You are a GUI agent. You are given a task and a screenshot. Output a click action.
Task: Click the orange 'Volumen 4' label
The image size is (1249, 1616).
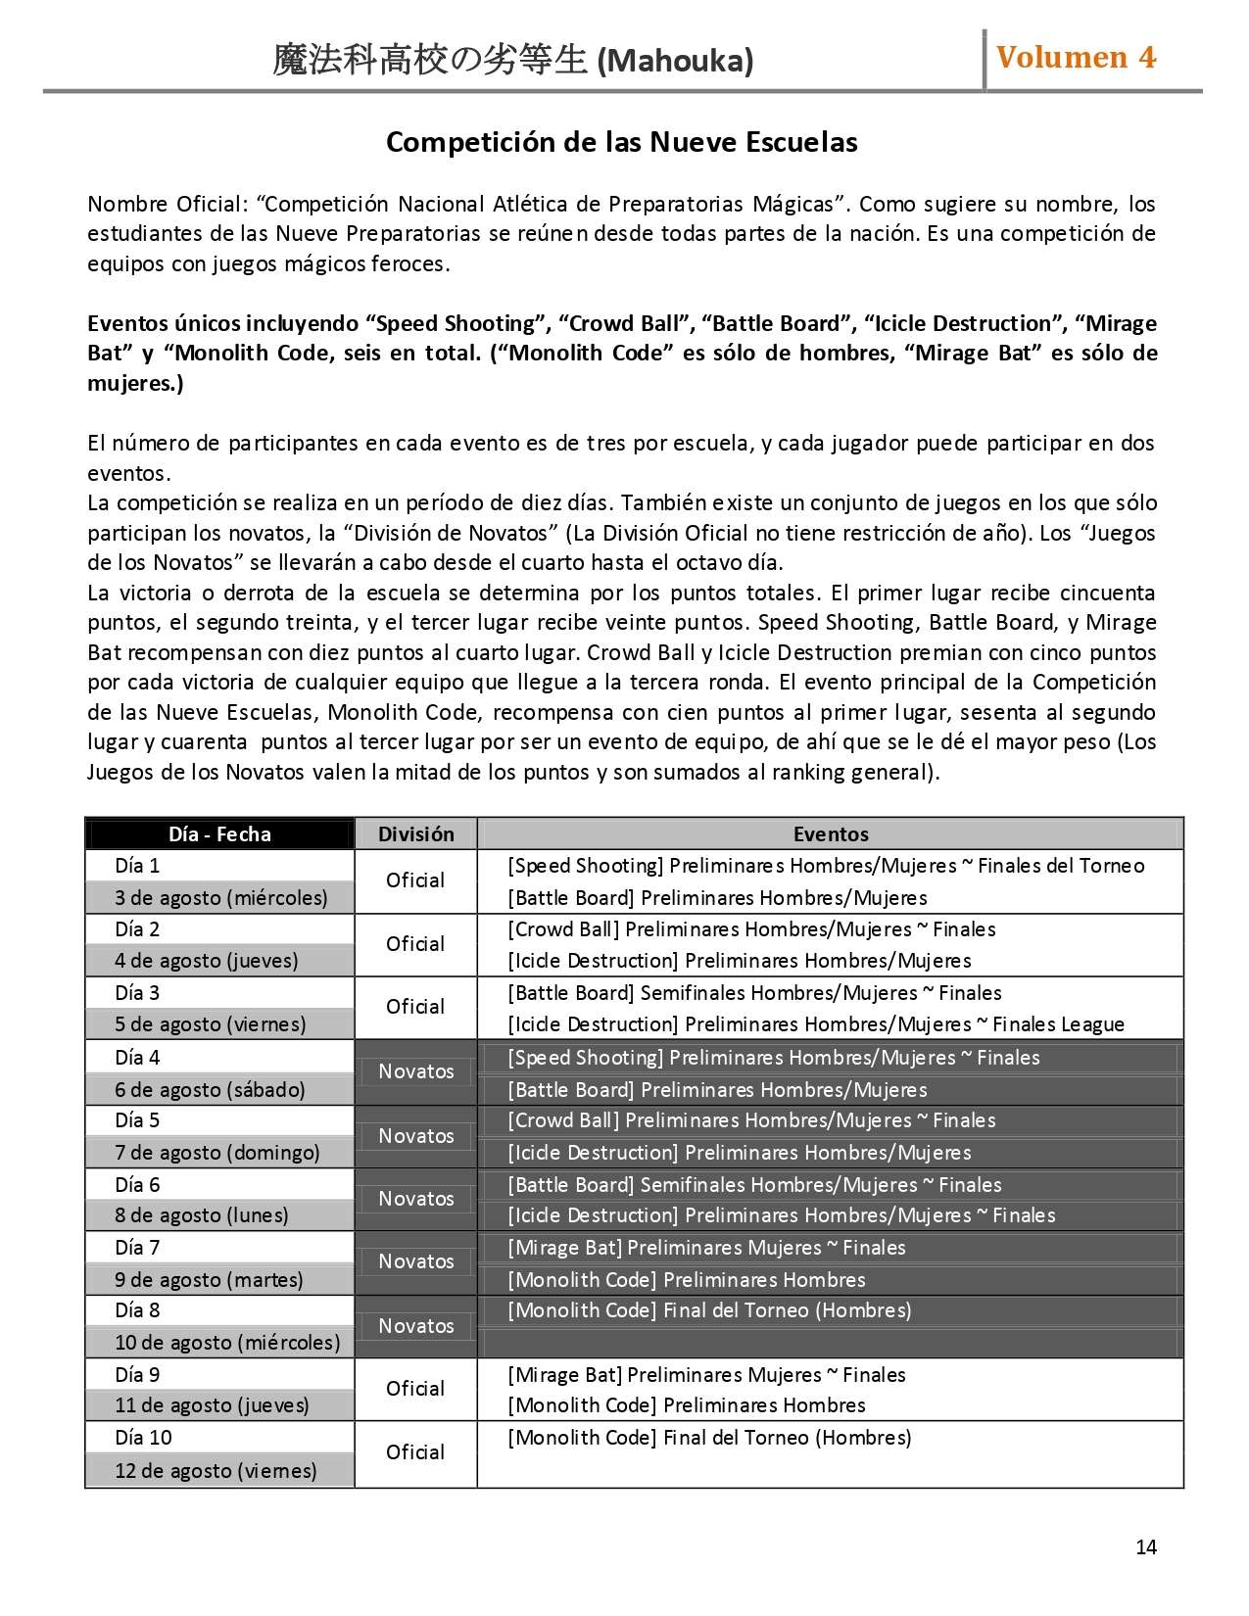click(x=1076, y=58)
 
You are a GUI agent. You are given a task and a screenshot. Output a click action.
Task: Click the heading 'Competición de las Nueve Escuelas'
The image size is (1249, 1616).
click(x=622, y=143)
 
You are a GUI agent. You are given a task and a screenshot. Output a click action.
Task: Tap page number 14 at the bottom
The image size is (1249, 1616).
click(x=1146, y=1546)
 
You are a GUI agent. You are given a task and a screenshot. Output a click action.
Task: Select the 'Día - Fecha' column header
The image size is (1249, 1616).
click(x=219, y=834)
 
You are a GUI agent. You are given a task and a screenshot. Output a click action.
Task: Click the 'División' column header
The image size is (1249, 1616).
click(x=416, y=834)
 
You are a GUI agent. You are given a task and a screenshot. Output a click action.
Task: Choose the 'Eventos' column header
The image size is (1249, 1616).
click(x=831, y=834)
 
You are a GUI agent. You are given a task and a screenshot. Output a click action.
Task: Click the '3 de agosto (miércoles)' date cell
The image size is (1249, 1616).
click(x=220, y=897)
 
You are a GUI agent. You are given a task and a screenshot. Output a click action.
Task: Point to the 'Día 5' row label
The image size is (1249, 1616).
click(x=137, y=1120)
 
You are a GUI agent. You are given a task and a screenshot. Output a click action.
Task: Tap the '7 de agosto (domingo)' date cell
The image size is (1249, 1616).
click(x=217, y=1153)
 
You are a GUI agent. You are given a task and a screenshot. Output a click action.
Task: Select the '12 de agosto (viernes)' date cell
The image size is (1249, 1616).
click(x=216, y=1471)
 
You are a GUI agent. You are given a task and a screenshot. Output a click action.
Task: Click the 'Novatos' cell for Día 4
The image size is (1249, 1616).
click(x=416, y=1071)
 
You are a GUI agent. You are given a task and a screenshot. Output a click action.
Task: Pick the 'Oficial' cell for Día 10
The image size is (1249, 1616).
click(x=415, y=1452)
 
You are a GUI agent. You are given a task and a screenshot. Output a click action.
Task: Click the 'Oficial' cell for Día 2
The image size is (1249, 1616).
click(x=415, y=944)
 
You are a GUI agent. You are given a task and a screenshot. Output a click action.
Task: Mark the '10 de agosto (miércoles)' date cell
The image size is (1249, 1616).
click(x=227, y=1343)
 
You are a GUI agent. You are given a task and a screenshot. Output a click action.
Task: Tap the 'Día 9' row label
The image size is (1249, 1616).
click(x=137, y=1375)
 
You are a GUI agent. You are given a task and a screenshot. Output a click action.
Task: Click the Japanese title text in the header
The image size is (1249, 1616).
click(x=430, y=61)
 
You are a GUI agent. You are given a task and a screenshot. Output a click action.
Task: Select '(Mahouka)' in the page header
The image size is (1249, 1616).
click(x=675, y=62)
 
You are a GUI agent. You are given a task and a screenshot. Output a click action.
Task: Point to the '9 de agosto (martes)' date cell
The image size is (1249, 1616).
click(x=209, y=1280)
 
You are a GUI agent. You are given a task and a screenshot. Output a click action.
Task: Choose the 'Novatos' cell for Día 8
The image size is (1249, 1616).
click(x=416, y=1326)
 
